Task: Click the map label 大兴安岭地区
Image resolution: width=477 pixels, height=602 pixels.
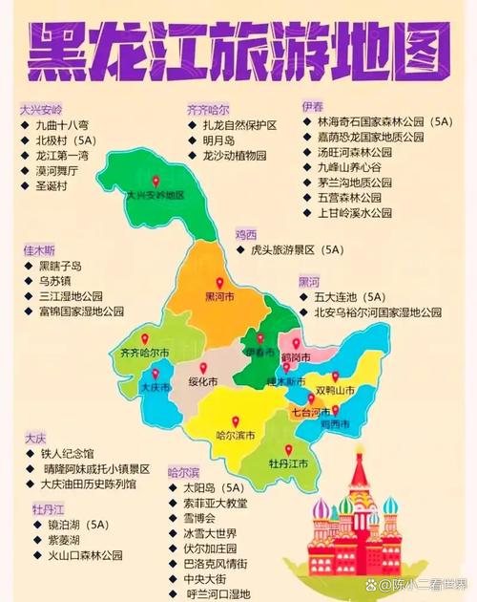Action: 156,194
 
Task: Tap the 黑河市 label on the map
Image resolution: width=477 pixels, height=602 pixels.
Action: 219,297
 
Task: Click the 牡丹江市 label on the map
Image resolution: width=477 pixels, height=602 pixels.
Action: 289,463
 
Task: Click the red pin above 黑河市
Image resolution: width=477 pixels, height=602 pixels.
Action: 219,283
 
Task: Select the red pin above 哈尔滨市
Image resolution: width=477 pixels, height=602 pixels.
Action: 236,420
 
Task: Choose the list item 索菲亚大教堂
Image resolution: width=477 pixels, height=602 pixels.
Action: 216,503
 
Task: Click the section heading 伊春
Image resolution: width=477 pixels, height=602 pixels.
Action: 312,105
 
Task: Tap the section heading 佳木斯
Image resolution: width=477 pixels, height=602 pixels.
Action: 40,250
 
